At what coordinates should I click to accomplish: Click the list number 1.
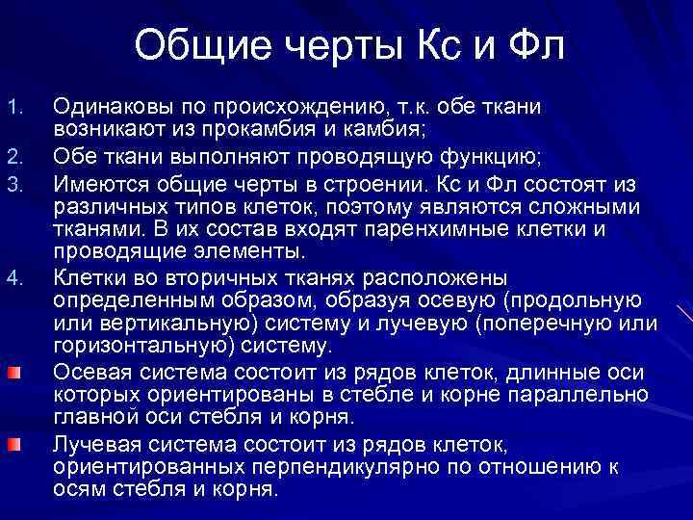pos(13,104)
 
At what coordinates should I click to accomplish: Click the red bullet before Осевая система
pos(14,372)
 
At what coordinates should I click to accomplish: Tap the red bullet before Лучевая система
pos(14,443)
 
